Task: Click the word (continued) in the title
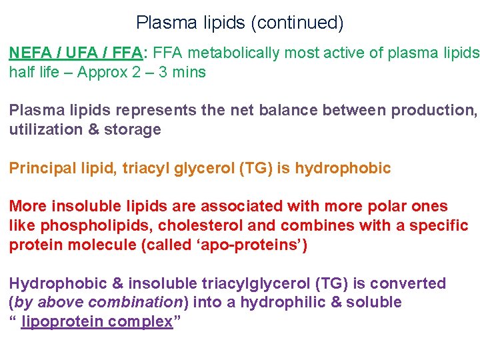point(297,23)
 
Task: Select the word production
point(433,111)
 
